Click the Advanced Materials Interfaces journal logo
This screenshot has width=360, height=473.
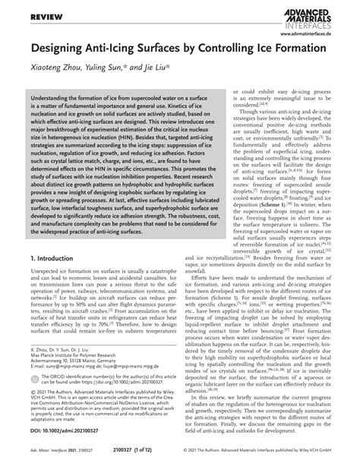[312, 17]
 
